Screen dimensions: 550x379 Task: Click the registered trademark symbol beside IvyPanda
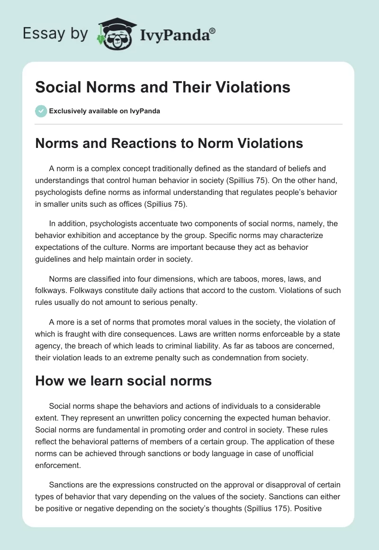(212, 31)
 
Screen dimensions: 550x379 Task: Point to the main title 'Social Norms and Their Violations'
(162, 87)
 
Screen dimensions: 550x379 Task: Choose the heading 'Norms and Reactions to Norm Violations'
(169, 143)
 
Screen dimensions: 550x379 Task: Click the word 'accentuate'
(162, 224)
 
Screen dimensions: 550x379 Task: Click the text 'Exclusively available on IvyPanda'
(104, 111)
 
